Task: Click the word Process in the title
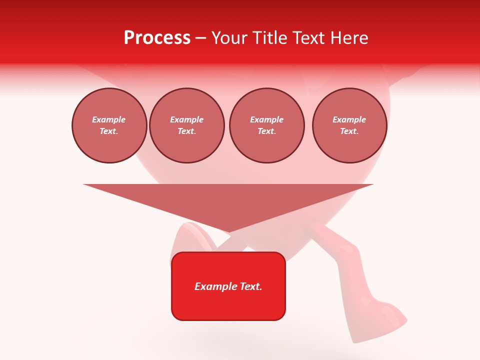pos(157,38)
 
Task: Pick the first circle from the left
pos(109,125)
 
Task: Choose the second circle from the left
pos(187,125)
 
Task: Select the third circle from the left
pos(267,125)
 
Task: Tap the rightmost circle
pos(349,125)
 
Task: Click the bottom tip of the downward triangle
pos(228,231)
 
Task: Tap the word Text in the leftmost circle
pos(108,131)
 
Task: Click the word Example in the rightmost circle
pos(349,119)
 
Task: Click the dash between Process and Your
pos(200,38)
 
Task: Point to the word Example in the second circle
pos(186,119)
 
